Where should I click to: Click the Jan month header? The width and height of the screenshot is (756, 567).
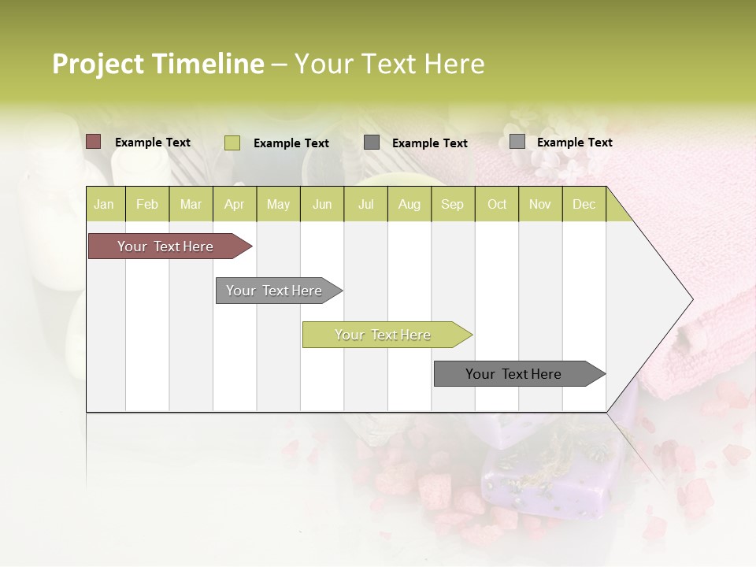105,204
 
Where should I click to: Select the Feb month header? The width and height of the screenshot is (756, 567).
147,204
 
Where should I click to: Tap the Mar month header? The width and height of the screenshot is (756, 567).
191,204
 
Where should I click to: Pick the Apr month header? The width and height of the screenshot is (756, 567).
235,204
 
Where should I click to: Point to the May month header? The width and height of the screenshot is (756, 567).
278,204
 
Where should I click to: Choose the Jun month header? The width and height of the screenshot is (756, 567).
322,204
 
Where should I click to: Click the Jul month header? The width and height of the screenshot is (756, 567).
365,204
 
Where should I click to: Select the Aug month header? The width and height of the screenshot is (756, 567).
409,204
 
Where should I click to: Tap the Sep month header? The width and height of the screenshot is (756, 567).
453,204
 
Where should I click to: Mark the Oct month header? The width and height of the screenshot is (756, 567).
497,204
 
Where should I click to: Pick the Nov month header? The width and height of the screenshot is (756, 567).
540,204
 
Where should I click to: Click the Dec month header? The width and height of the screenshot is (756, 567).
584,204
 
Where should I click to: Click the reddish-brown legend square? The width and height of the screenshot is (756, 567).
94,142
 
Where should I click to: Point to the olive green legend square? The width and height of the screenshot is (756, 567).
232,143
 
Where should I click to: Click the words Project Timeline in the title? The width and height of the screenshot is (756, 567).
158,64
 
